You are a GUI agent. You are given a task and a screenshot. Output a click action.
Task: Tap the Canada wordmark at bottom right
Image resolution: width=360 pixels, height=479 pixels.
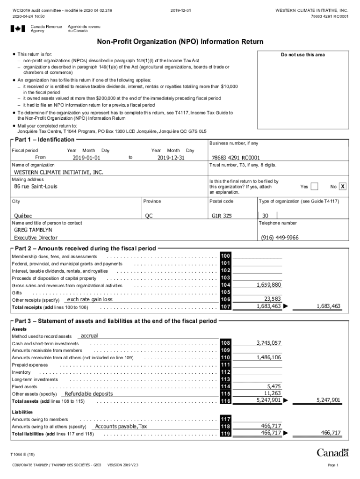(x=332, y=453)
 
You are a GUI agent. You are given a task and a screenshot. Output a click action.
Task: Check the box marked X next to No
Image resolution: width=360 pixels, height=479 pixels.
(x=343, y=187)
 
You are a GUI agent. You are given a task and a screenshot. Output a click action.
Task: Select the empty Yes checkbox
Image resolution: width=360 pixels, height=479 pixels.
(x=314, y=187)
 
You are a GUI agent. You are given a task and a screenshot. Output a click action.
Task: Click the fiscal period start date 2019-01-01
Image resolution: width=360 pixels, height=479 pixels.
(x=86, y=158)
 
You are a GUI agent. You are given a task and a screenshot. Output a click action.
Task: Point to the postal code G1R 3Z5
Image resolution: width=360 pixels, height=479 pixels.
(x=222, y=216)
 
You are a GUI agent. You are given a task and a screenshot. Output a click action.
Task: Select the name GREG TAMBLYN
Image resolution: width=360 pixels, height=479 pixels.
(x=33, y=230)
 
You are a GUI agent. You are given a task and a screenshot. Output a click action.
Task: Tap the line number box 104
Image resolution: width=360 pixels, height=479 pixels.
(x=225, y=285)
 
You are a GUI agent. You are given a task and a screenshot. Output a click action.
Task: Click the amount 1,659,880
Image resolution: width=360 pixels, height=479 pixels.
(x=269, y=284)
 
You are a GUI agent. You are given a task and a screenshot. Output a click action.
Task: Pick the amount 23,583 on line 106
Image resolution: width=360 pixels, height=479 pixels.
(x=273, y=299)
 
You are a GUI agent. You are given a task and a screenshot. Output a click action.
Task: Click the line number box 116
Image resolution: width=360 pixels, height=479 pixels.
(x=225, y=401)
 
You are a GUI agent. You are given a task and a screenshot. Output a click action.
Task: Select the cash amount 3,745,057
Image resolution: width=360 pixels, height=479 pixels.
(x=269, y=343)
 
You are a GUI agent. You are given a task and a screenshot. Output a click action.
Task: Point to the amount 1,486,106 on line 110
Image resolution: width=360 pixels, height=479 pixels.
(x=269, y=357)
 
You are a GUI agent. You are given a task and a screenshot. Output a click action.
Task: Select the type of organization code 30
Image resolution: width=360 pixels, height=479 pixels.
(x=265, y=216)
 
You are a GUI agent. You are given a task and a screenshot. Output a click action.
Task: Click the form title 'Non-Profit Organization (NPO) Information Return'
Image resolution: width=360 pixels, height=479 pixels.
(x=180, y=42)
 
